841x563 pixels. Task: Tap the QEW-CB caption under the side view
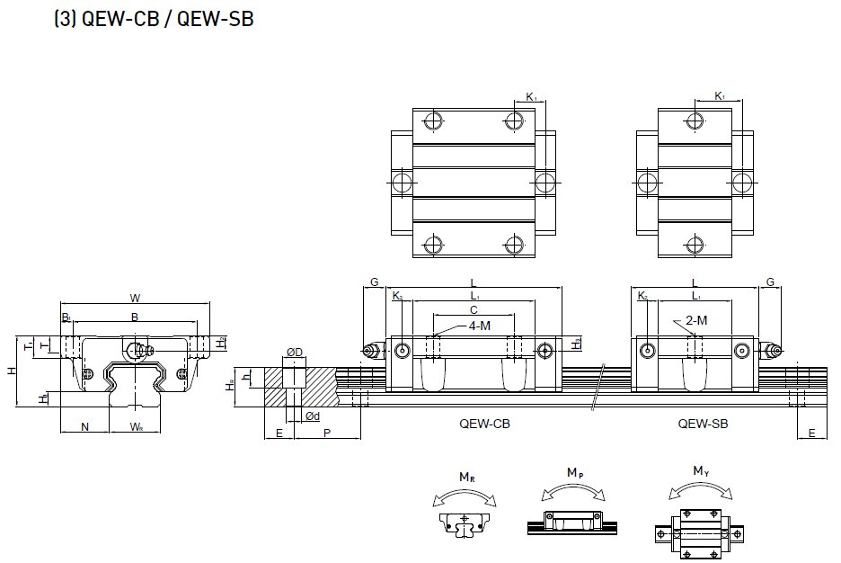pos(484,423)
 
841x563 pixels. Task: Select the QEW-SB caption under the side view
pos(703,423)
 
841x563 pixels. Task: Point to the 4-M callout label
pos(479,325)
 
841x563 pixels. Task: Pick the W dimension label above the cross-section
pos(135,298)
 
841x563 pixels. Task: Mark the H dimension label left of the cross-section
pos(11,371)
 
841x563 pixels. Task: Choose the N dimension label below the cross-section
pos(84,426)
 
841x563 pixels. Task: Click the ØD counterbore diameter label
pos(294,351)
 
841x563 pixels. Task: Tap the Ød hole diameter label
pos(313,416)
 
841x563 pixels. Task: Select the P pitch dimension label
pos(326,433)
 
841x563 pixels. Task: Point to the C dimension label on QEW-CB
pos(474,309)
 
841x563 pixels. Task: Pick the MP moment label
pos(574,473)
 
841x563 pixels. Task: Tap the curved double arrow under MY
pos(701,490)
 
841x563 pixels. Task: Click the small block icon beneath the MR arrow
pos(465,523)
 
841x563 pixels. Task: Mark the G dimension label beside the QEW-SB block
pos(770,282)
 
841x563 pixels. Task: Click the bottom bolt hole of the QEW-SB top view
pos(694,243)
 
